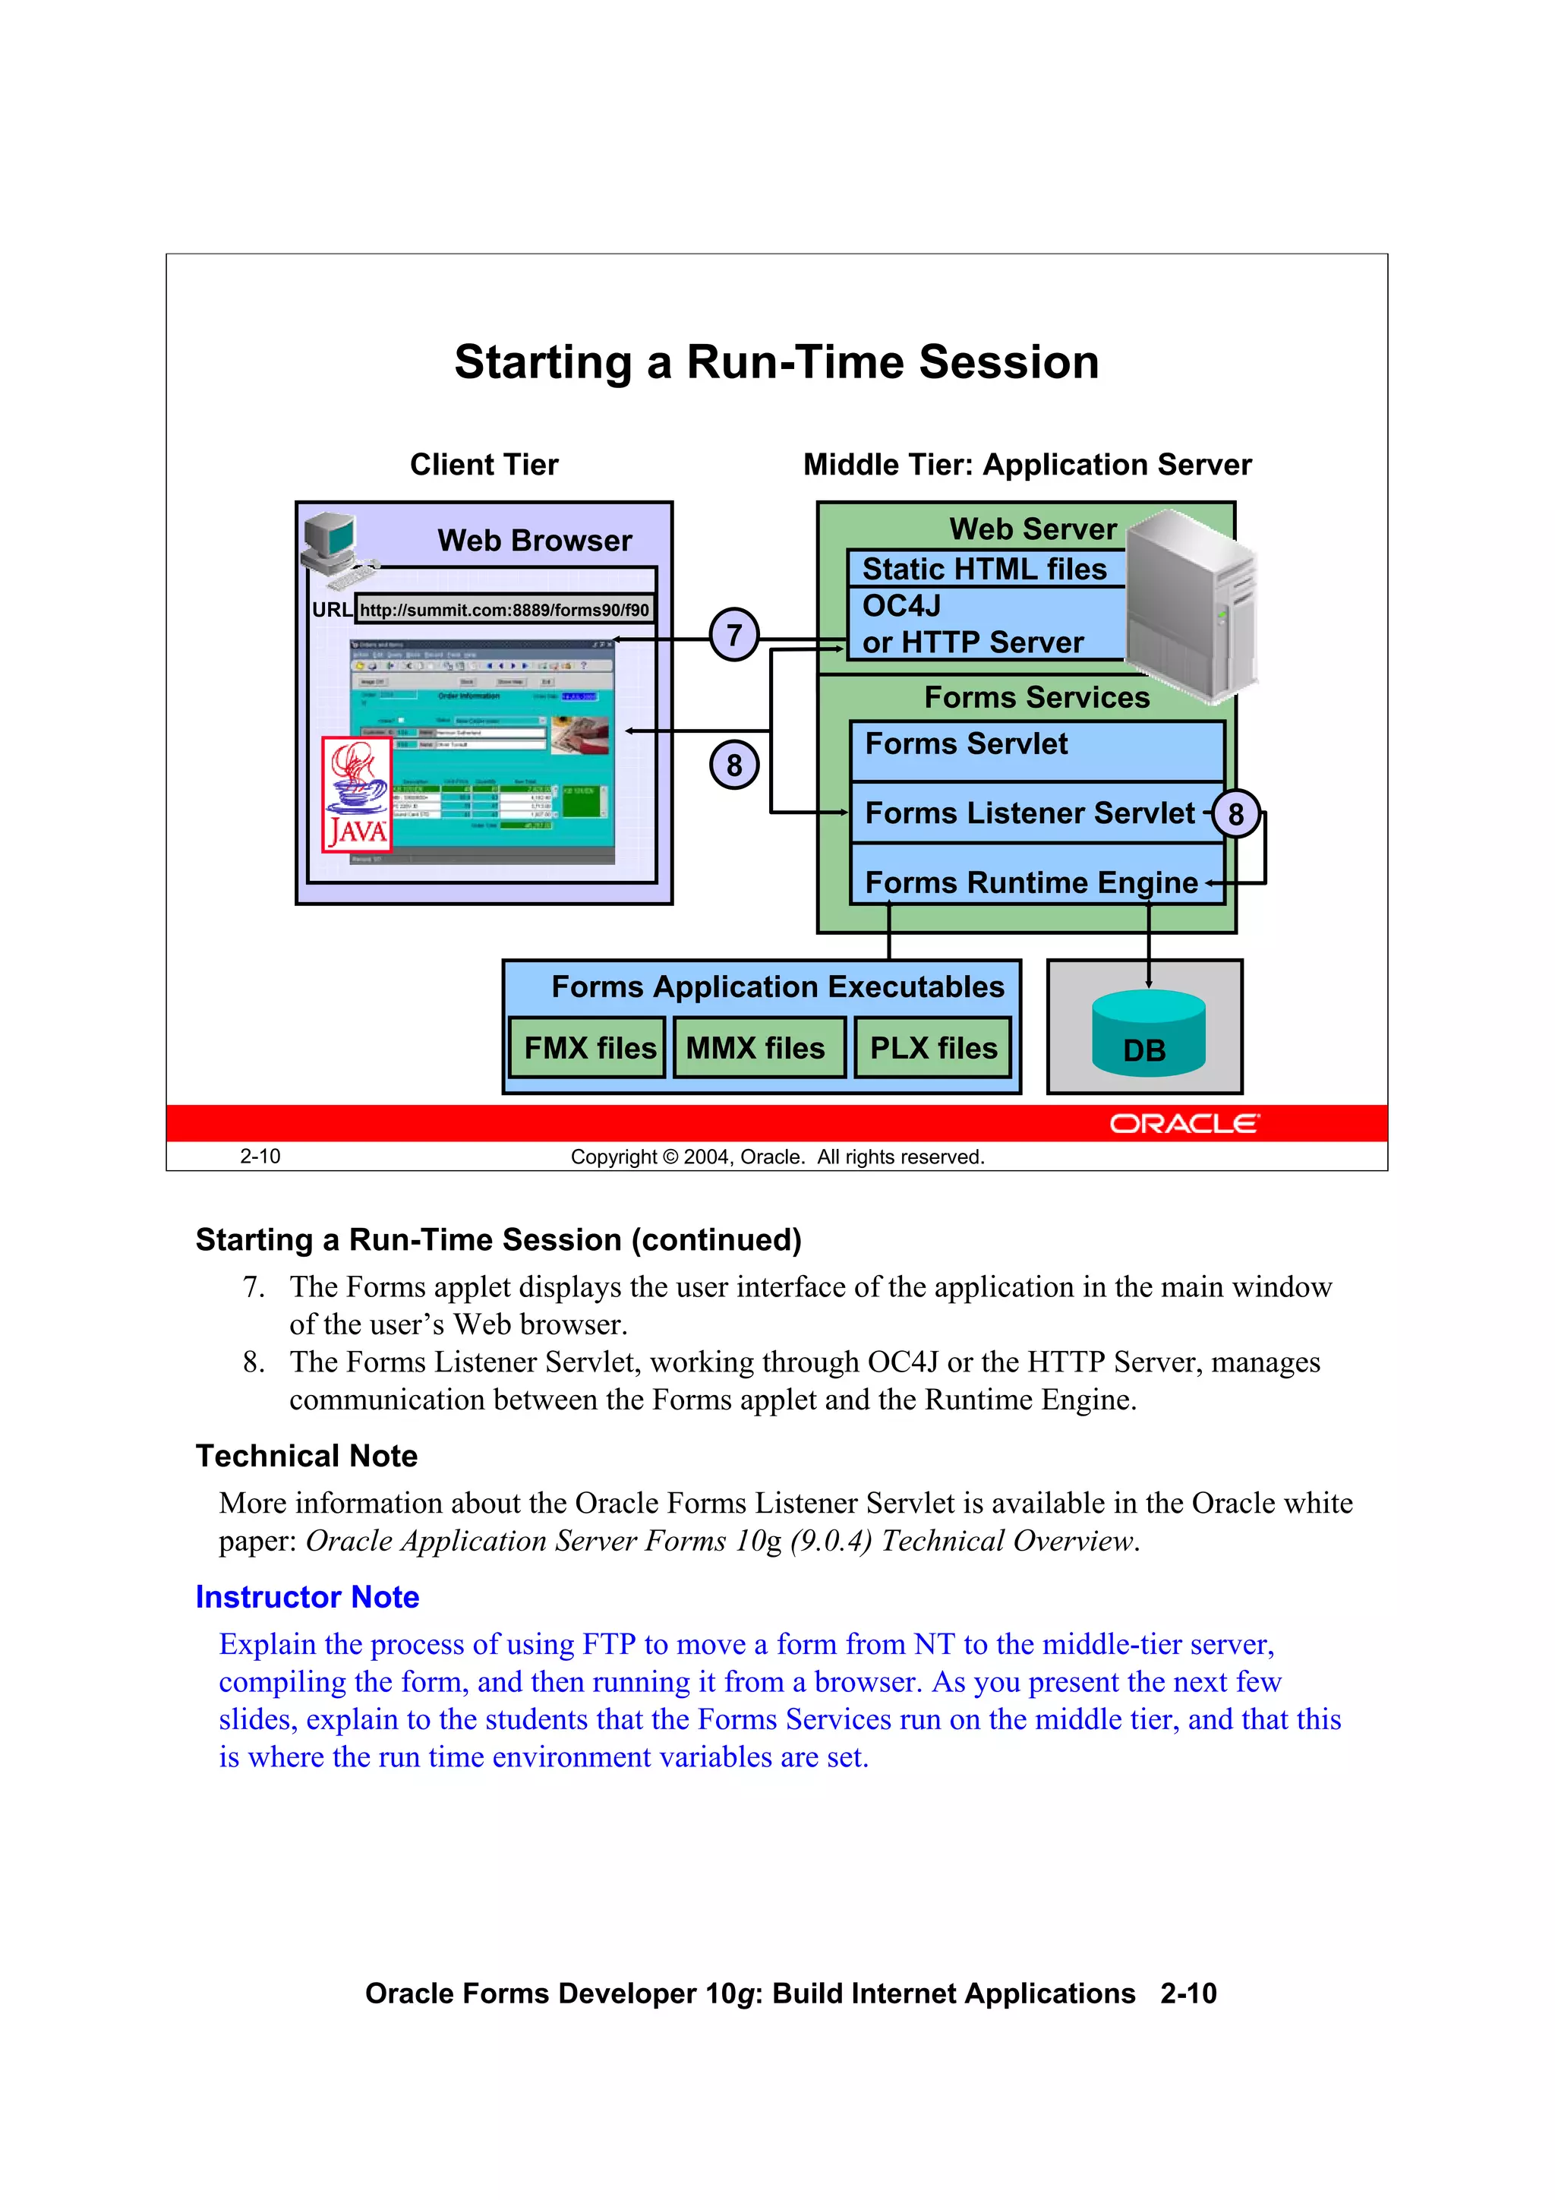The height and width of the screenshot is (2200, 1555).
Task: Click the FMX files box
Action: [x=588, y=1048]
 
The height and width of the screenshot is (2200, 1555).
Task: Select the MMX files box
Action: [x=758, y=1048]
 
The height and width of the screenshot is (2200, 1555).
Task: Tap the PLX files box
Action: [x=933, y=1048]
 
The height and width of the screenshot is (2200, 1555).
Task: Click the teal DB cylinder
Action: [x=1148, y=1035]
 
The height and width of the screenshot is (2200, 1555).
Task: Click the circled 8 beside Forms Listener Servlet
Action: [x=1236, y=814]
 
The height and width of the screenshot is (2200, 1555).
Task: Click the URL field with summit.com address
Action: [x=504, y=609]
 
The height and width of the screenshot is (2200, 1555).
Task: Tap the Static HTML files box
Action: [x=985, y=569]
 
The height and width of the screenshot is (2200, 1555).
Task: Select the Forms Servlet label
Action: [x=966, y=744]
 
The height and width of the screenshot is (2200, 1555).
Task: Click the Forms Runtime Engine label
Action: [x=1031, y=882]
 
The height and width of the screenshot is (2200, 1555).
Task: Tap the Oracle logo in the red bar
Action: [x=1184, y=1124]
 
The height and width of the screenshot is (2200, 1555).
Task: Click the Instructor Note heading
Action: [x=308, y=1597]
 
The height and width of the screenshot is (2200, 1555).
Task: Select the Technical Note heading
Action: [x=307, y=1457]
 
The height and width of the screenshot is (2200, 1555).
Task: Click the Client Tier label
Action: [x=484, y=465]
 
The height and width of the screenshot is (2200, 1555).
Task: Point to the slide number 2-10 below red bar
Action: [x=260, y=1157]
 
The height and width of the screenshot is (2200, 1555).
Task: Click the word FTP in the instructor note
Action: [x=610, y=1644]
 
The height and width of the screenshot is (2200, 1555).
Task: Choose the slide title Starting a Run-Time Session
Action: [x=776, y=362]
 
